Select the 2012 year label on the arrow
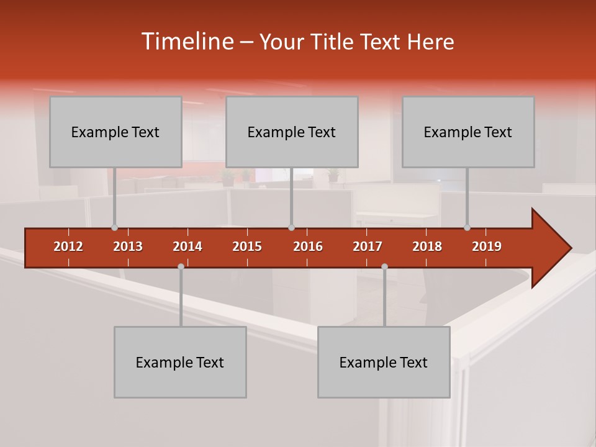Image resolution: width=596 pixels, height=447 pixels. (x=68, y=246)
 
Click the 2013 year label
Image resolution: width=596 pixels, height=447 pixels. (x=128, y=246)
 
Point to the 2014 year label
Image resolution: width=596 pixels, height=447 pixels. (x=187, y=246)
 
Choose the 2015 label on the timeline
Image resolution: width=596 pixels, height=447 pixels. (x=247, y=246)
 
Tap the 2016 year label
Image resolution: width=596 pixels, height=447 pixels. (x=308, y=246)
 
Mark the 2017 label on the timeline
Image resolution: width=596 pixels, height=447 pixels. (x=368, y=246)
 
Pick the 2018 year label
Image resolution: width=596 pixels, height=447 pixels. (x=427, y=246)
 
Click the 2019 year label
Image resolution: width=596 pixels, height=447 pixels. (x=487, y=246)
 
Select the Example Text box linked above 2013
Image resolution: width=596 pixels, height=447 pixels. (x=115, y=132)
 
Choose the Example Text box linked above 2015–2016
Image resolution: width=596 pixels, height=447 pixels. (x=292, y=132)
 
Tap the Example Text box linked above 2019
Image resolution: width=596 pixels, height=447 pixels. (x=468, y=132)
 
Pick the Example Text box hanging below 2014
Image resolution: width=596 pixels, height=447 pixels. (x=180, y=363)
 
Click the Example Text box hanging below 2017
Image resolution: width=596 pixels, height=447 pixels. (x=384, y=363)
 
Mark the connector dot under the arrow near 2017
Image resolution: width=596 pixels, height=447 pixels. (x=384, y=266)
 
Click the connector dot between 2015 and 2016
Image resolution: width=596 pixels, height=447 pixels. (x=291, y=228)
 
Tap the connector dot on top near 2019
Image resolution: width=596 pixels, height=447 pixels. (x=467, y=228)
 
